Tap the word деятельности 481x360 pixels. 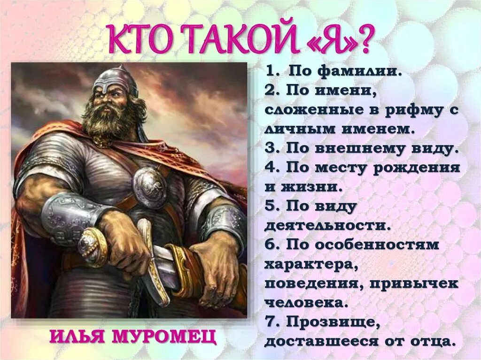(x=327, y=225)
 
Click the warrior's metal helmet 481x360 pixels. (x=115, y=80)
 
